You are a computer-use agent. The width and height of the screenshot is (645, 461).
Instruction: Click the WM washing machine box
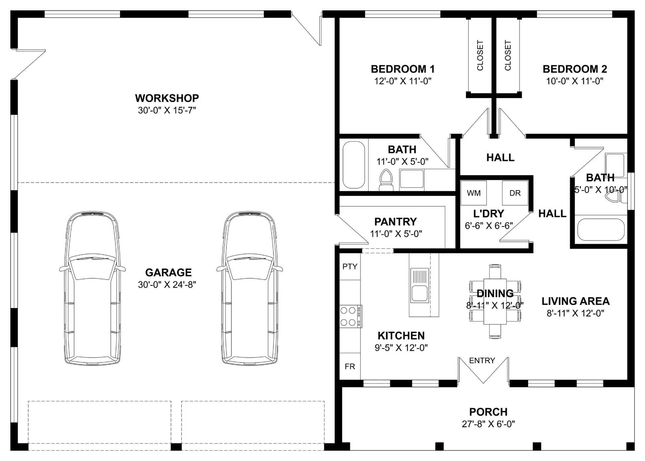click(x=474, y=193)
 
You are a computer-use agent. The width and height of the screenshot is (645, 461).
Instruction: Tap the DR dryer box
click(x=515, y=193)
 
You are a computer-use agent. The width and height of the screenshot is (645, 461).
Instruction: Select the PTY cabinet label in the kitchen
click(x=350, y=267)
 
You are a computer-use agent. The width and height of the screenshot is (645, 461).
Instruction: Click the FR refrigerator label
click(x=350, y=366)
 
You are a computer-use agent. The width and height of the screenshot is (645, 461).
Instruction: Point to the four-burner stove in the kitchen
click(x=351, y=316)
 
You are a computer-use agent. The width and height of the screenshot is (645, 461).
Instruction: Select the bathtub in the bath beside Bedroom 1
click(x=354, y=165)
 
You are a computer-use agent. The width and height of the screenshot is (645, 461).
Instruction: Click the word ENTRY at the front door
click(x=482, y=361)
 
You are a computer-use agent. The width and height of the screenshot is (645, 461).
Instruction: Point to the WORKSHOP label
click(x=167, y=98)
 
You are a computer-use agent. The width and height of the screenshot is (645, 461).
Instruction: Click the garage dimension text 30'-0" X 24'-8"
click(x=167, y=285)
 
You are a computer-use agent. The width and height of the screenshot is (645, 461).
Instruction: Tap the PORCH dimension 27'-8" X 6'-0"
click(x=488, y=424)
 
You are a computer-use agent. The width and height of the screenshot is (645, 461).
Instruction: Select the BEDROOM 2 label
click(x=575, y=69)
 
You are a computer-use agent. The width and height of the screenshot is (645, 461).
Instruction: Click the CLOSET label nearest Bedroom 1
click(x=480, y=55)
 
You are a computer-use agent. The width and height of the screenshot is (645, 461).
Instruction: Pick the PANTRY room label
click(x=395, y=222)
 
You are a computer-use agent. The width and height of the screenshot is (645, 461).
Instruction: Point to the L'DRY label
click(x=489, y=214)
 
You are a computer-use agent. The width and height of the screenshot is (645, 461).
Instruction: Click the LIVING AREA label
click(x=575, y=301)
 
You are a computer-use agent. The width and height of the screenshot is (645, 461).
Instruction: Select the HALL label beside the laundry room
click(x=552, y=214)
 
